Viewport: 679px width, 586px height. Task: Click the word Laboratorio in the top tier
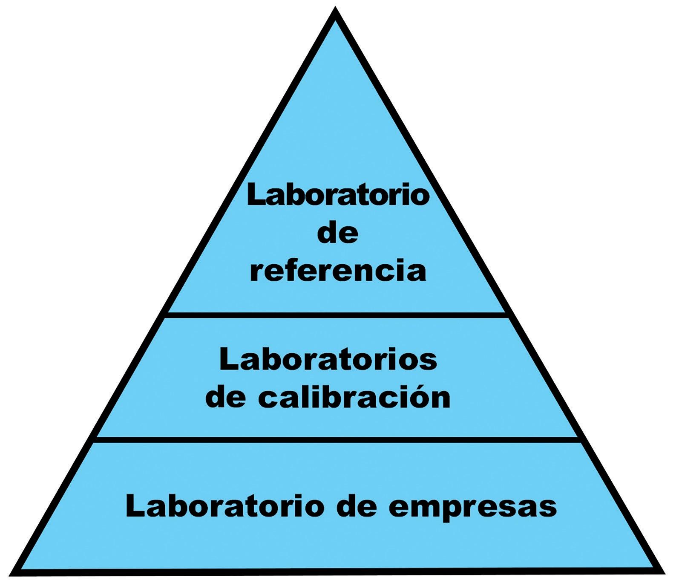pos(338,196)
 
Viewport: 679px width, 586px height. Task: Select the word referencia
pos(338,271)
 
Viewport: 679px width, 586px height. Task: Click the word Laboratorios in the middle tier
pos(328,360)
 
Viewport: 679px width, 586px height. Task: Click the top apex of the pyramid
pos(336,9)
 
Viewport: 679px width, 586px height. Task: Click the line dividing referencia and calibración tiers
pos(337,315)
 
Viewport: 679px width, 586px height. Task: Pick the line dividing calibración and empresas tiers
pos(337,439)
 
